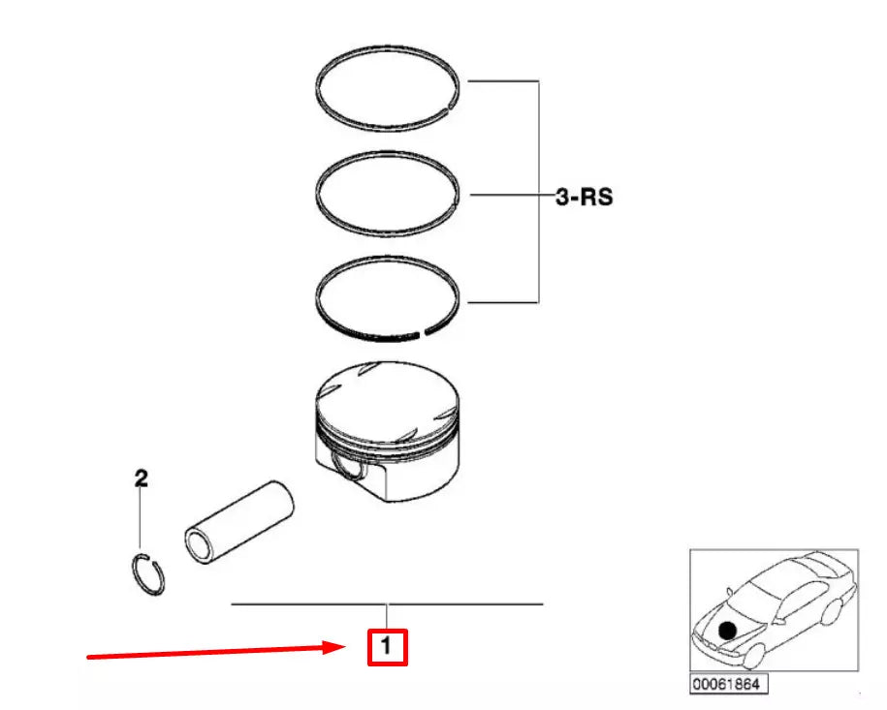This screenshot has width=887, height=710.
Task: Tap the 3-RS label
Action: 584,198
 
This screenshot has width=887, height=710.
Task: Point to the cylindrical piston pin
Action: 242,518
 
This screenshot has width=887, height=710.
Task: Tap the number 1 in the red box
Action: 387,645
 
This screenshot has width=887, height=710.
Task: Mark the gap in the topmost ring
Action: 450,107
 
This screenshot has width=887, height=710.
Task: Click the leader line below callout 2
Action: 141,518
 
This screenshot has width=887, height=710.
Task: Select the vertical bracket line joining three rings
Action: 537,194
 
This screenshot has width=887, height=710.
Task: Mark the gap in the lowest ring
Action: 421,334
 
